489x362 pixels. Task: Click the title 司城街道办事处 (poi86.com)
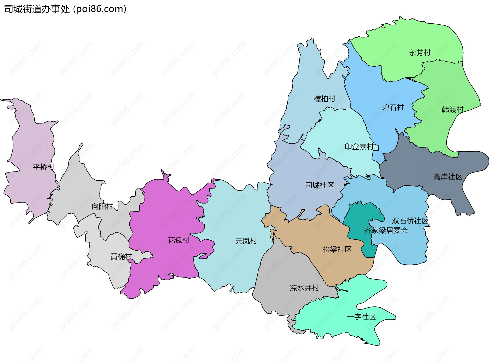tap(65, 9)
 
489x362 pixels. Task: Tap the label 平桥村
tap(44, 167)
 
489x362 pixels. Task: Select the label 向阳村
tap(102, 206)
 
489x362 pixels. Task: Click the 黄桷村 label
tap(121, 256)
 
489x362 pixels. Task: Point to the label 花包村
tap(179, 240)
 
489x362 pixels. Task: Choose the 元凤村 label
tap(246, 241)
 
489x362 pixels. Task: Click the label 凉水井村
tap(304, 288)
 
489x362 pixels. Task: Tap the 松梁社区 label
tap(337, 249)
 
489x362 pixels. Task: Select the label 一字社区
tap(361, 316)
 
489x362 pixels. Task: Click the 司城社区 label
tap(319, 185)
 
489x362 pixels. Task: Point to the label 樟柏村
tap(324, 99)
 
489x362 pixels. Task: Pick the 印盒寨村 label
tap(359, 147)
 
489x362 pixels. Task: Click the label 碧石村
tap(393, 108)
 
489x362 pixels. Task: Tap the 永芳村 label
tap(419, 53)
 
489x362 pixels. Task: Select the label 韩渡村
tap(453, 110)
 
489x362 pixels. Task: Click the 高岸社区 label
tap(447, 177)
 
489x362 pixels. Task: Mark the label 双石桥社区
tap(410, 221)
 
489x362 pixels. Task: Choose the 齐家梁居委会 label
tap(386, 230)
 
